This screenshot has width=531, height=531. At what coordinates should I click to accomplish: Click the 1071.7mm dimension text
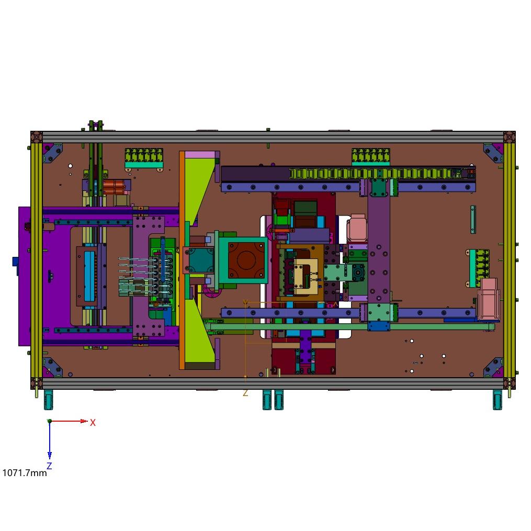click(x=25, y=473)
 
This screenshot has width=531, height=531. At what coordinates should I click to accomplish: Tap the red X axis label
click(x=93, y=423)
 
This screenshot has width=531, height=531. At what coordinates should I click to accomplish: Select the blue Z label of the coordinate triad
click(x=49, y=466)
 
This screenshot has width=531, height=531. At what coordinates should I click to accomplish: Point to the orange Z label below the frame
click(x=245, y=393)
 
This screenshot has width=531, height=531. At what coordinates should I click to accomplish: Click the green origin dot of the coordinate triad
click(x=50, y=421)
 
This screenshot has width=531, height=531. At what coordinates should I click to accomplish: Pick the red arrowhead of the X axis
click(x=84, y=421)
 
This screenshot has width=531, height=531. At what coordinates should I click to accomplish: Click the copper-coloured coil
click(x=115, y=187)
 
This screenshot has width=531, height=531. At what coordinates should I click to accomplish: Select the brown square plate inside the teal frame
click(x=246, y=259)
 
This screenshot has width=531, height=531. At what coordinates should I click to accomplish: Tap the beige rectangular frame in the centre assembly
click(x=306, y=276)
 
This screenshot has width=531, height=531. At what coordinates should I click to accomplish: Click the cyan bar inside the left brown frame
click(x=89, y=276)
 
